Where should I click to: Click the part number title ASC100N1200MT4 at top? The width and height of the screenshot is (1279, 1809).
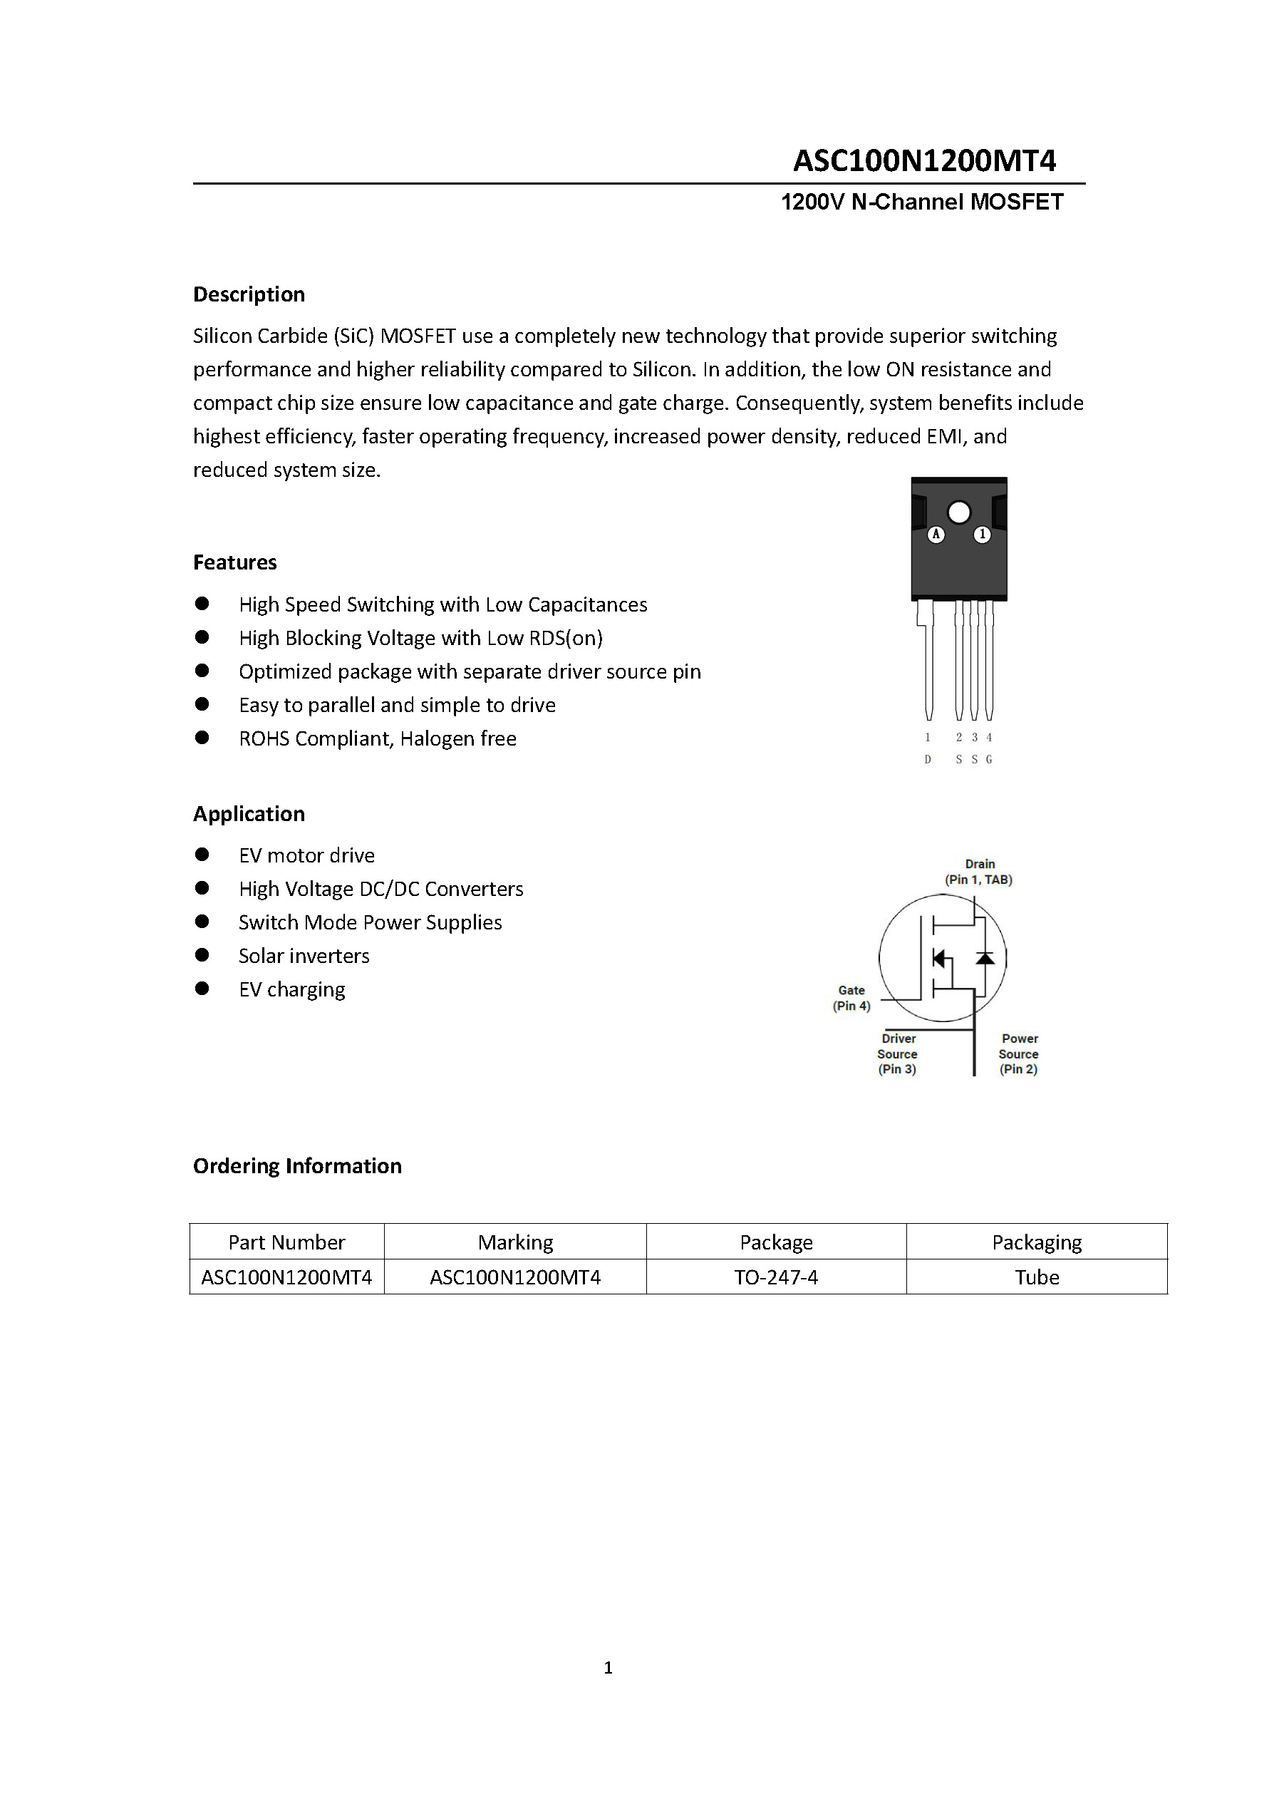click(924, 161)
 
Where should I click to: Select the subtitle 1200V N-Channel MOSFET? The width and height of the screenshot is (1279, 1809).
click(921, 202)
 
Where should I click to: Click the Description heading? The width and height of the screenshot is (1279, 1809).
click(249, 294)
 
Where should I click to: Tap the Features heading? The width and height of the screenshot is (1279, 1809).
click(234, 562)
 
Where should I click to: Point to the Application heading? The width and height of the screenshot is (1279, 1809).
click(249, 814)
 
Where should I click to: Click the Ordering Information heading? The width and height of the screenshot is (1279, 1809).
click(297, 1166)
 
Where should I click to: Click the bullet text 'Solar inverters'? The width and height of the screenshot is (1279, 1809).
click(304, 957)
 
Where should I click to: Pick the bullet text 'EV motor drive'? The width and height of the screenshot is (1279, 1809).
click(306, 855)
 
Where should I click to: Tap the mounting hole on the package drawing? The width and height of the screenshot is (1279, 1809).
click(958, 513)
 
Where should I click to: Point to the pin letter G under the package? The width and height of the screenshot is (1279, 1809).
click(989, 760)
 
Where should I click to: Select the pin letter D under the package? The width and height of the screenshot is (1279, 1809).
click(928, 760)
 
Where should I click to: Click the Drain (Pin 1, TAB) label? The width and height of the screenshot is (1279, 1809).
click(979, 872)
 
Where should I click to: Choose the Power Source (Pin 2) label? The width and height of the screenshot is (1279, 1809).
click(1018, 1054)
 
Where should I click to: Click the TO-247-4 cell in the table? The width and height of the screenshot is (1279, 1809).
click(776, 1277)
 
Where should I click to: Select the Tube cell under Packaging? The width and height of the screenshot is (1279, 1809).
click(1037, 1277)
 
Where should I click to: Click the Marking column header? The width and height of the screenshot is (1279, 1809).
click(515, 1242)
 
